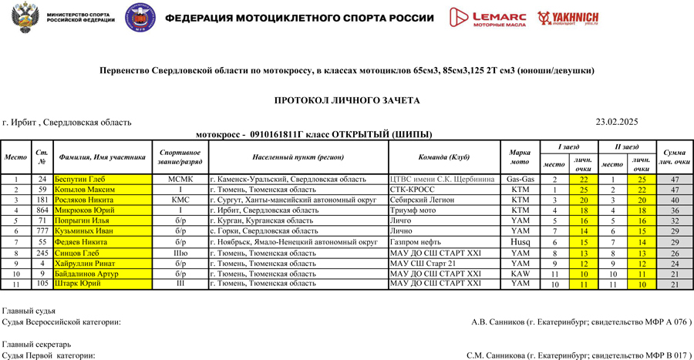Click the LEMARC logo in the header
[489, 18]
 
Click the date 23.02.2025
[617, 122]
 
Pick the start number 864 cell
[42, 210]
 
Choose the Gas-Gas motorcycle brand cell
[520, 179]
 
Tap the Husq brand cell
[520, 242]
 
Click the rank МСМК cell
[180, 179]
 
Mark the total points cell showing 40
[674, 200]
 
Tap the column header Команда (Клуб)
[443, 156]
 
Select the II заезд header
[626, 146]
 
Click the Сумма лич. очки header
[674, 156]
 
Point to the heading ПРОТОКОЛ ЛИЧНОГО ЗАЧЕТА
[347, 100]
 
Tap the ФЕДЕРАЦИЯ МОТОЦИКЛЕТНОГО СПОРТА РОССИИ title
[301, 18]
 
